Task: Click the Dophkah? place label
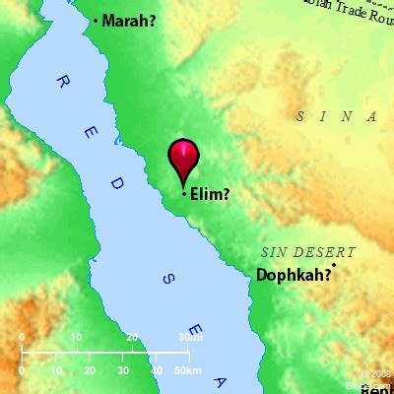293,277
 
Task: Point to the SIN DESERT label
308,252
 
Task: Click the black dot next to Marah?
97,21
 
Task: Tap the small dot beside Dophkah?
335,265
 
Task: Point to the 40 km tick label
156,370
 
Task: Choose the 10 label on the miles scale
77,337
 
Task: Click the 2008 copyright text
378,373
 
